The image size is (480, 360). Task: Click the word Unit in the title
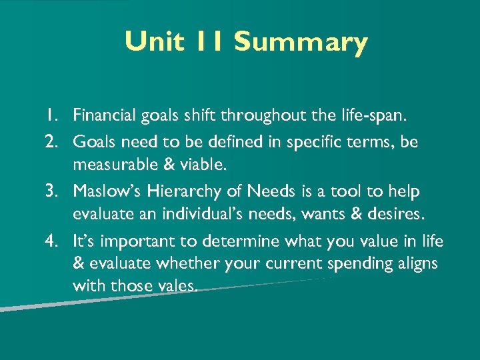click(x=153, y=42)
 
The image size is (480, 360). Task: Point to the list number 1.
click(x=57, y=117)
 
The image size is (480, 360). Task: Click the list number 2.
click(x=57, y=141)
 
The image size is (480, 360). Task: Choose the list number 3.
click(x=57, y=191)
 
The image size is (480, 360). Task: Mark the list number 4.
click(x=57, y=241)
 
